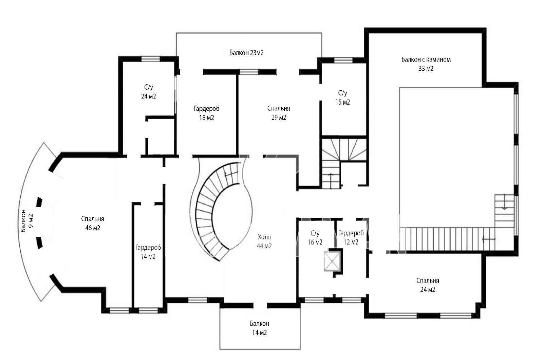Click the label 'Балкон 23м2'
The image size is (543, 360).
246,53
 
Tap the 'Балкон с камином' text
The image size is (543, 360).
426,60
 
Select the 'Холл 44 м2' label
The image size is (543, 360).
264,241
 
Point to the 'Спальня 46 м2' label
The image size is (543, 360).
93,223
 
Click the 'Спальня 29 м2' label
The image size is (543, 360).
279,113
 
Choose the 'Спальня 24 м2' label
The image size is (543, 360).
428,285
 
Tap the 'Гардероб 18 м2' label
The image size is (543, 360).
207,113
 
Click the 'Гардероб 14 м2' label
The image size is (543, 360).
148,252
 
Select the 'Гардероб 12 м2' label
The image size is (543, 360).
351,237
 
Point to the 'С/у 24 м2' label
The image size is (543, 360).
148,92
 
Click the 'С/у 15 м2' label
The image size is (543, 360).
342,97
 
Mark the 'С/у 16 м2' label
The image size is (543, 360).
315,237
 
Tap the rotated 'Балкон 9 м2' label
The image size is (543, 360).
27,220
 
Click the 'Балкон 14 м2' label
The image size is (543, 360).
259,328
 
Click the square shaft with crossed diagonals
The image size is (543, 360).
332,261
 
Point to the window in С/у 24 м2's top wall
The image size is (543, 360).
151,59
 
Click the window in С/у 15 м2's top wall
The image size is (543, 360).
343,60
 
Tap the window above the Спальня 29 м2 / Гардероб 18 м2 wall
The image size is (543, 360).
249,72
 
